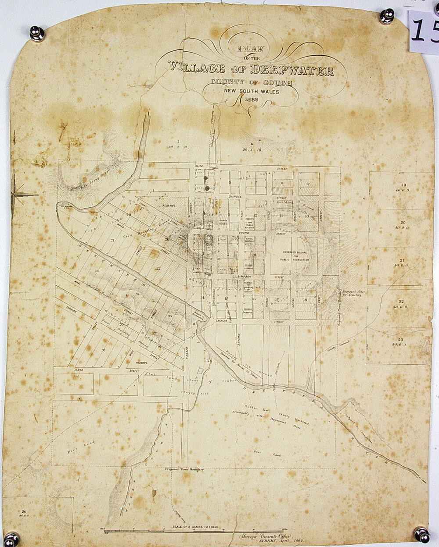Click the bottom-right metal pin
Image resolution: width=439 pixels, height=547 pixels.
click(421, 534)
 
